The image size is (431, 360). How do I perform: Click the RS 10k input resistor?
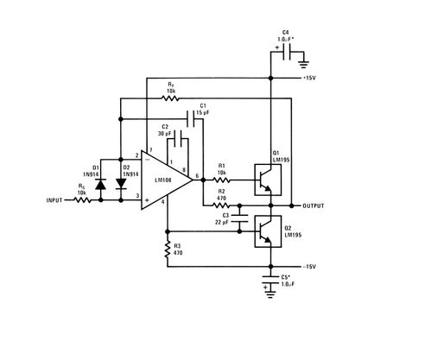click(x=83, y=200)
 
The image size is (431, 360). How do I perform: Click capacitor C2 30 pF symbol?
click(x=176, y=137)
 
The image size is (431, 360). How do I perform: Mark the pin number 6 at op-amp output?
click(x=198, y=176)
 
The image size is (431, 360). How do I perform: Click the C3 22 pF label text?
click(x=224, y=218)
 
